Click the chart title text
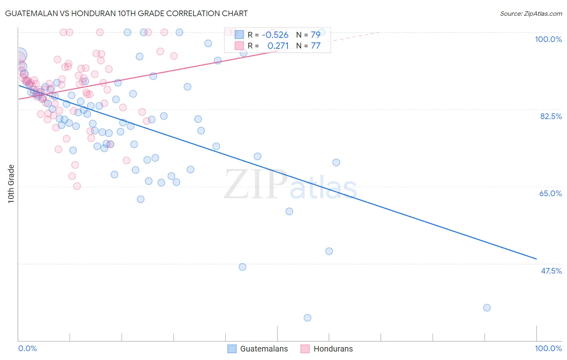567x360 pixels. pyautogui.click(x=127, y=13)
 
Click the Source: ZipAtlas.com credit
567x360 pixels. pyautogui.click(x=531, y=13)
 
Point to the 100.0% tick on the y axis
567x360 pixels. pyautogui.click(x=548, y=39)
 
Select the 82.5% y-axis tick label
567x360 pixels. pyautogui.click(x=551, y=116)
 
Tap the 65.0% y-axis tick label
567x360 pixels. pyautogui.click(x=550, y=193)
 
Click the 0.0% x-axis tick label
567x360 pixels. pyautogui.click(x=27, y=348)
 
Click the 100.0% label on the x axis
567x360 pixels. pyautogui.click(x=548, y=348)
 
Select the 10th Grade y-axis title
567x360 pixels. pyautogui.click(x=11, y=184)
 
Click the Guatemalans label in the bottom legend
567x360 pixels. pyautogui.click(x=264, y=349)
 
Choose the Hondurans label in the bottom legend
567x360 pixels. pyautogui.click(x=333, y=349)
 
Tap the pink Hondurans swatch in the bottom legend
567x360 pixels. pyautogui.click(x=305, y=349)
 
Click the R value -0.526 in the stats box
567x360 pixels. pyautogui.click(x=275, y=35)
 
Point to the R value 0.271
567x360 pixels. pyautogui.click(x=278, y=46)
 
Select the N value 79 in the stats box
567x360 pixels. pyautogui.click(x=315, y=35)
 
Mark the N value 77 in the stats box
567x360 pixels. pyautogui.click(x=315, y=46)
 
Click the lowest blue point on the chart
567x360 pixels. pyautogui.click(x=307, y=318)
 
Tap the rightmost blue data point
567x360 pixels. pyautogui.click(x=487, y=308)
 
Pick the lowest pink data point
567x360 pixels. pyautogui.click(x=77, y=186)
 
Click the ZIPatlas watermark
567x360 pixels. pyautogui.click(x=290, y=185)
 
